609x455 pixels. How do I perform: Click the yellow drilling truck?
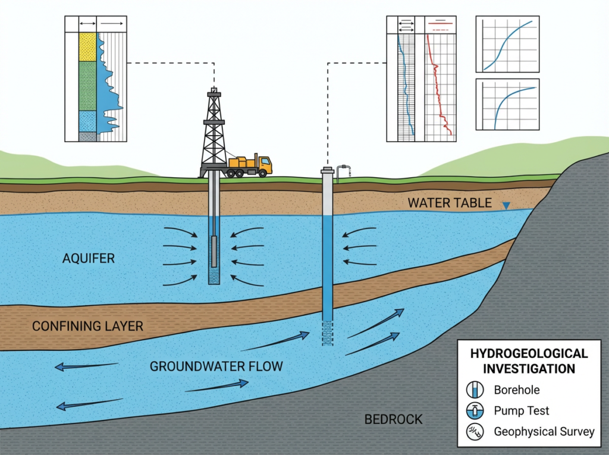[x=250, y=165]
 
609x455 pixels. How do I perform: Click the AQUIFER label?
[x=88, y=259]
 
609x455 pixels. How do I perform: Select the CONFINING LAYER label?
[x=87, y=326]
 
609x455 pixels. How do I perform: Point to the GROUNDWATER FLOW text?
[x=216, y=366]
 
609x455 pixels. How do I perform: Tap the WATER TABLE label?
[x=450, y=203]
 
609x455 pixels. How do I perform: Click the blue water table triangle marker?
[x=506, y=206]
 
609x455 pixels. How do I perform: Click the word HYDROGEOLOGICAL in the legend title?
[x=529, y=354]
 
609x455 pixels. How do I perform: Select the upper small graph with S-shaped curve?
[x=507, y=44]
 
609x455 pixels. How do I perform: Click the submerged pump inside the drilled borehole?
[x=214, y=251]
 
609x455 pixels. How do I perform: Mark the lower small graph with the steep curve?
[x=507, y=105]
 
